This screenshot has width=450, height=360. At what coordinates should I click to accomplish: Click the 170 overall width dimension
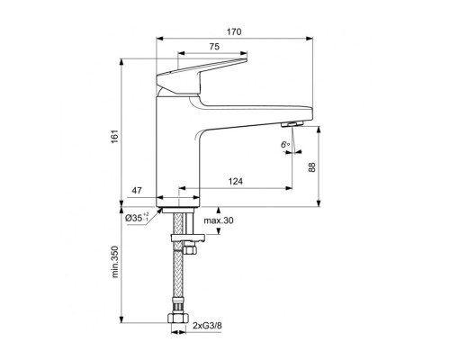coord(234,31)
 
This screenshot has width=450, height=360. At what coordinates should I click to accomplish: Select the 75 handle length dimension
coord(214,47)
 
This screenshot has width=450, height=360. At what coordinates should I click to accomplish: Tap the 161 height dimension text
coord(116,137)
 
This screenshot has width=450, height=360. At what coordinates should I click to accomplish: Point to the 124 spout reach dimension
coord(236,181)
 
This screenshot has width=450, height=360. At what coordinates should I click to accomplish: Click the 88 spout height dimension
coord(312,166)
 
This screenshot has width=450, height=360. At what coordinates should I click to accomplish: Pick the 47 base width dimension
coord(137,191)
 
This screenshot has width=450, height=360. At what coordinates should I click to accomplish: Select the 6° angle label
coord(285,145)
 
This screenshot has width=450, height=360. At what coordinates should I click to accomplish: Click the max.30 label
coord(219,220)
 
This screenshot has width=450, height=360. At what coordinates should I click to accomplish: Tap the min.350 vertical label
coord(115,262)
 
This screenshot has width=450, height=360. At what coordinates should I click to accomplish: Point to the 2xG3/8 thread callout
coord(207,326)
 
